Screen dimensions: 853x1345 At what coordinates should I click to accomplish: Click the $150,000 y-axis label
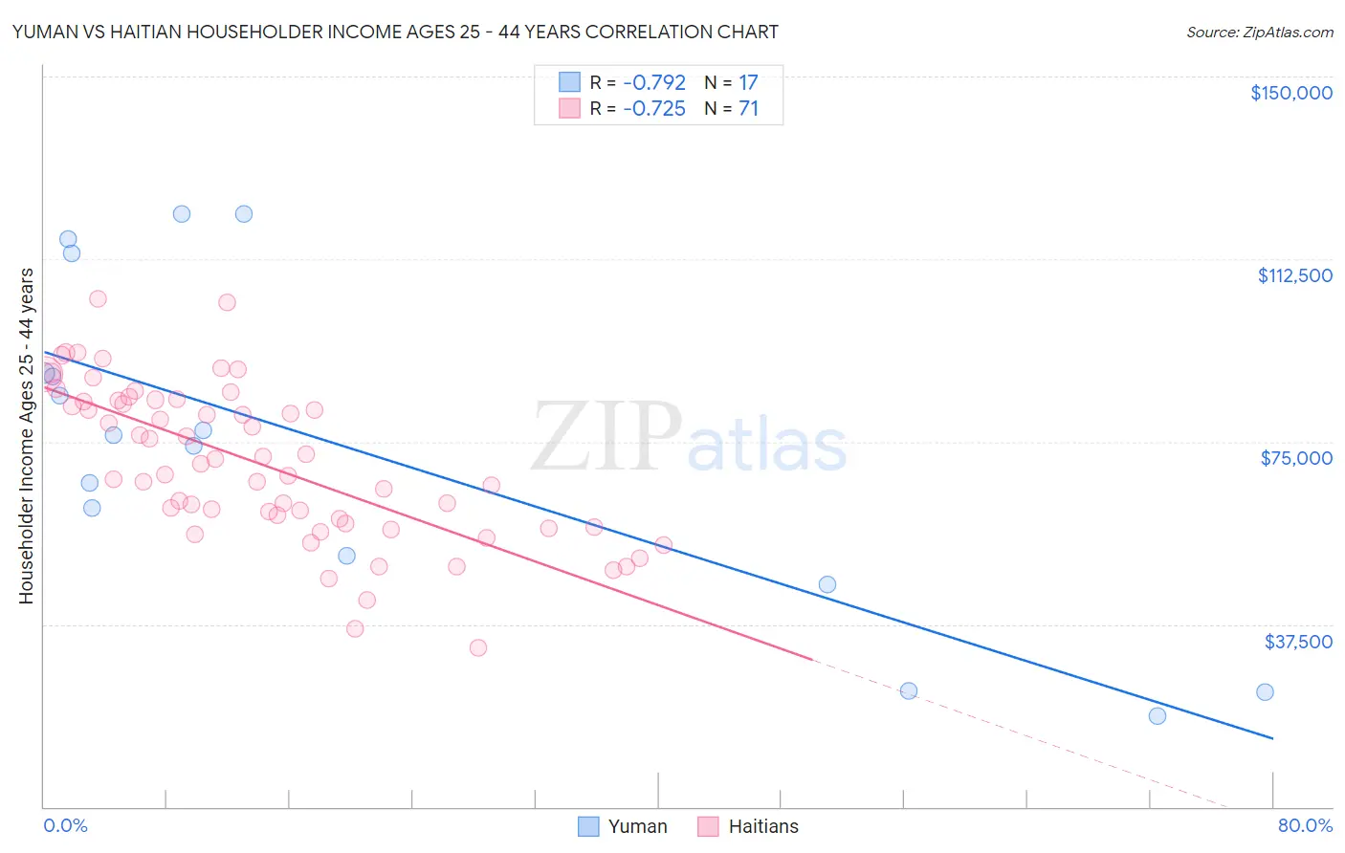[1290, 93]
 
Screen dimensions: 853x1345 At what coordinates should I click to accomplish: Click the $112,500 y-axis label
[1294, 275]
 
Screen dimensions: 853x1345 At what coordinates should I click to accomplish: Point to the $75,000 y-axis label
[1296, 458]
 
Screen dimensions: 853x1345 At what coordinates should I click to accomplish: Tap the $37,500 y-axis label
[1298, 642]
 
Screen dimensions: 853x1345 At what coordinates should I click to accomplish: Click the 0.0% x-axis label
[65, 825]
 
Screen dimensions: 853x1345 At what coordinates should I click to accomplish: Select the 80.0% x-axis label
[1305, 825]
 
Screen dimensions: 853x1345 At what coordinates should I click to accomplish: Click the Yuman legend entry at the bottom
[623, 826]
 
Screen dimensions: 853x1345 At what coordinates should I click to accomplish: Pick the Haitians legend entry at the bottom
[748, 826]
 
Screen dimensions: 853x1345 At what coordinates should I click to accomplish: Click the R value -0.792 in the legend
[654, 82]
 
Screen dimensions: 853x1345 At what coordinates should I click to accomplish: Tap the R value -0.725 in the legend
[654, 109]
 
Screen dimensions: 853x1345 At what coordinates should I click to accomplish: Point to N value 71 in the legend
[748, 109]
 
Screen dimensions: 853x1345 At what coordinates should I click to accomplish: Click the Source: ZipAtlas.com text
[1259, 32]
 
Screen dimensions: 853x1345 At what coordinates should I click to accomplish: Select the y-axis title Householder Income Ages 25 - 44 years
[26, 436]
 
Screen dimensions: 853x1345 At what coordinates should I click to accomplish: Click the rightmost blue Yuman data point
[1265, 692]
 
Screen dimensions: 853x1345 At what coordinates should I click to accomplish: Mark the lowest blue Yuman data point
[1158, 715]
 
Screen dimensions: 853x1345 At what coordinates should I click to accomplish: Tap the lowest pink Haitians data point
[478, 647]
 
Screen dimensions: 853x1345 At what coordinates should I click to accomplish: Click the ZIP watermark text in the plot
[606, 437]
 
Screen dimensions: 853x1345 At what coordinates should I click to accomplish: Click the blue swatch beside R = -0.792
[570, 82]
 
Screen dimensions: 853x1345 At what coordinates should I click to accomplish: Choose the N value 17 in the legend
[748, 82]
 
